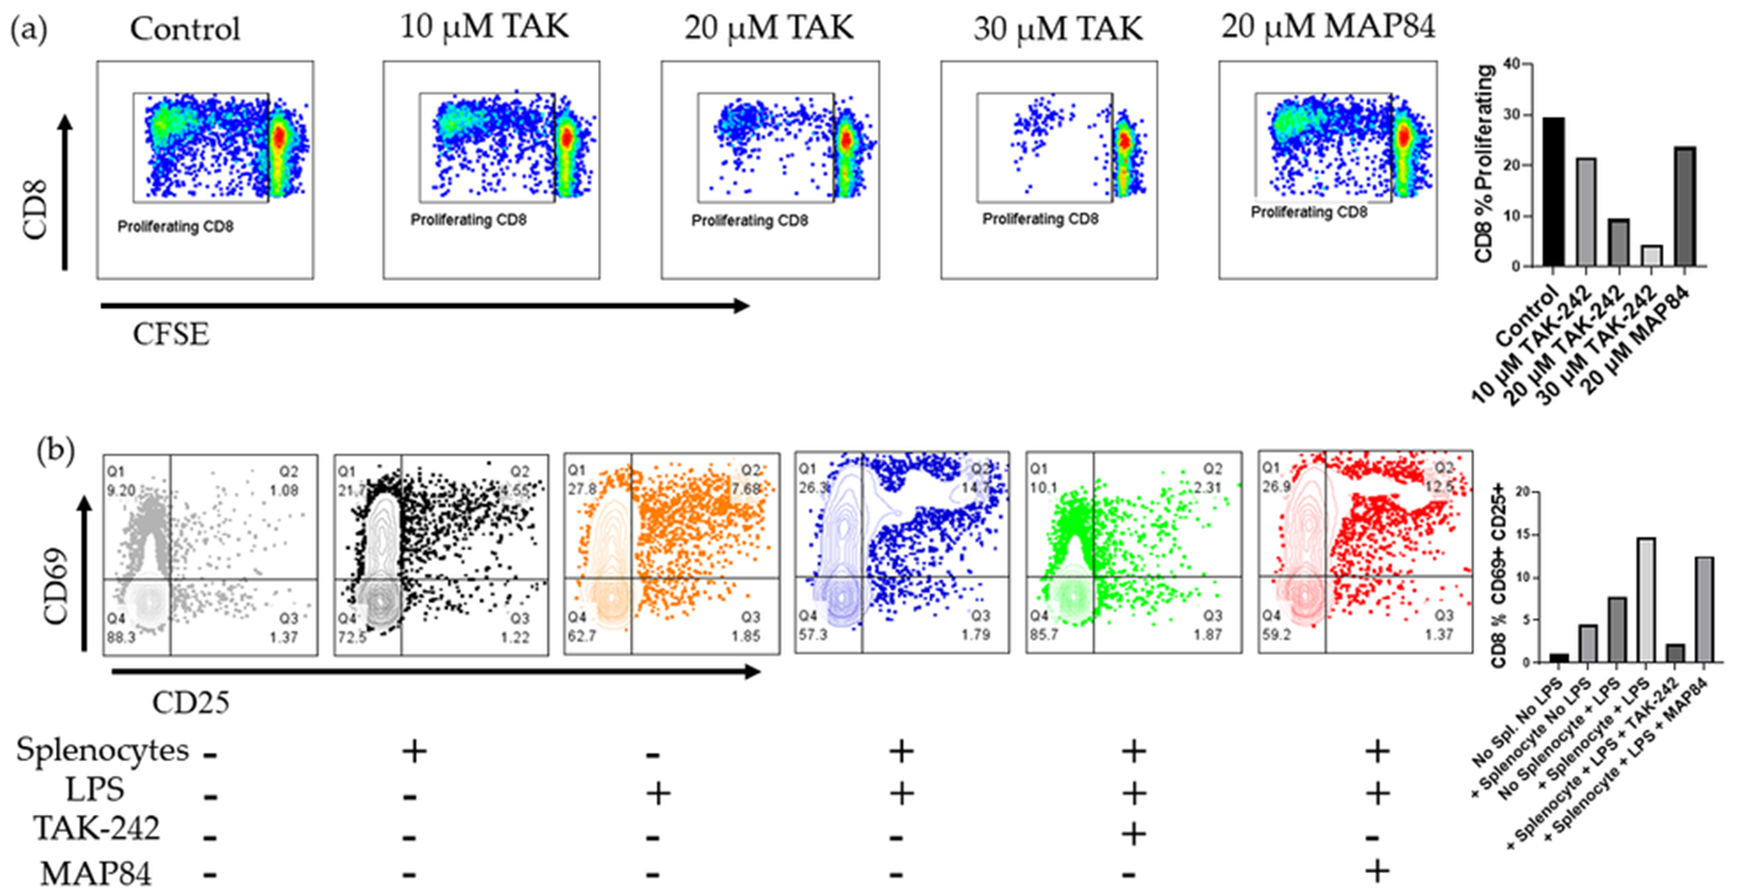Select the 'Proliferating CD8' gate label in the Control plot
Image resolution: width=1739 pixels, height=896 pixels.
tap(176, 226)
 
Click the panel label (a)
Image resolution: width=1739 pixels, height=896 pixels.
tap(28, 31)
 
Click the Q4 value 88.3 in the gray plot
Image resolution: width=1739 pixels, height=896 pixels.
tap(122, 637)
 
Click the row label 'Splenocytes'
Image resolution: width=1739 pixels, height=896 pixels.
tap(102, 750)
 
